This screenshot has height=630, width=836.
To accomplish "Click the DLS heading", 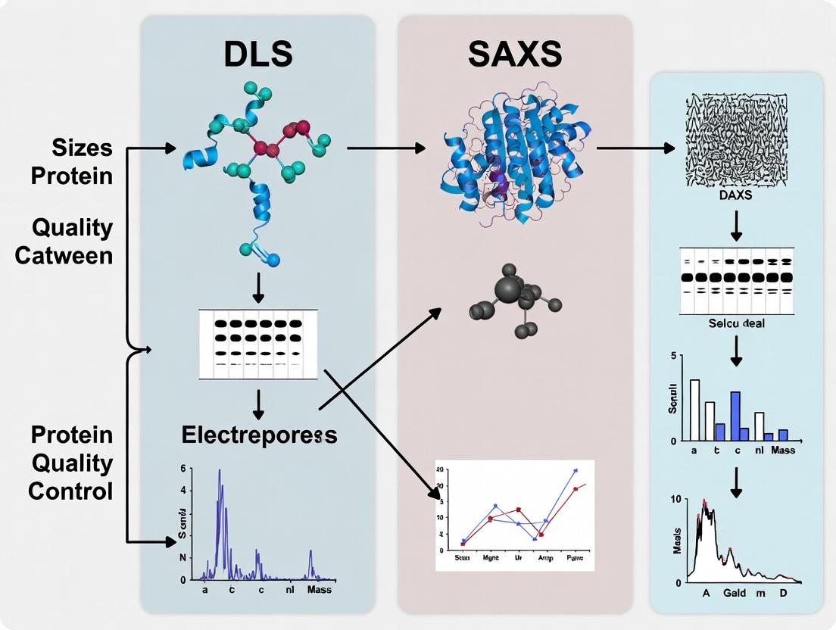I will click(257, 55).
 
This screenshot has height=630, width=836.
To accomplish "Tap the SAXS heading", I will click(515, 55).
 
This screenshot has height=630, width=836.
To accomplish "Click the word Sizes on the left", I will click(83, 148).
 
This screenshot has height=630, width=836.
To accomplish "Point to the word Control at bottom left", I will click(70, 491).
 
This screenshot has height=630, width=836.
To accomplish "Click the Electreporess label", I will click(259, 435).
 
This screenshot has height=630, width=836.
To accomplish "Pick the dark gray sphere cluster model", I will click(515, 299).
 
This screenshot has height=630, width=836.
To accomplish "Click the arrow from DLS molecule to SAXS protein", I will click(386, 148).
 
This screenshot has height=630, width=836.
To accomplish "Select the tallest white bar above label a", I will click(694, 410).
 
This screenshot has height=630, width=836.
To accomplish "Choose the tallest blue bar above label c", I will click(735, 416).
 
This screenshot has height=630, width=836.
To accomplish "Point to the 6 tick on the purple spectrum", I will click(182, 469).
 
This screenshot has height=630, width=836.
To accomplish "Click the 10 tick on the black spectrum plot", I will click(676, 500).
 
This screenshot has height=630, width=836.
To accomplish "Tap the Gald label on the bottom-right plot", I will click(735, 593).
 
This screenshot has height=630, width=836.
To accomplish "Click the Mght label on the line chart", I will click(489, 557).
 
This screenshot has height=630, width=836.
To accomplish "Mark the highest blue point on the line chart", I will click(576, 471).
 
